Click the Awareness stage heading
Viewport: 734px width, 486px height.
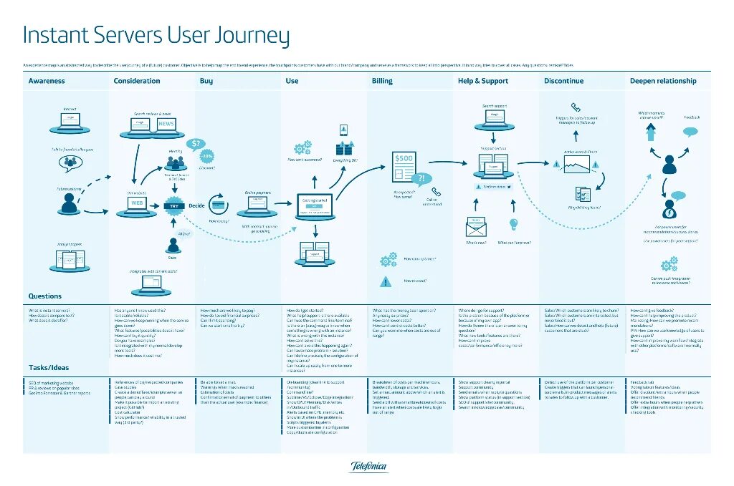(x=47, y=81)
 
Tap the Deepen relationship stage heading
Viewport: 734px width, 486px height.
(x=662, y=81)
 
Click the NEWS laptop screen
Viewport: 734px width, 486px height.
(x=166, y=125)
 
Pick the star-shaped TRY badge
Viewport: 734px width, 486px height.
(x=173, y=205)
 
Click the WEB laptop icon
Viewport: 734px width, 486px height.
(x=136, y=203)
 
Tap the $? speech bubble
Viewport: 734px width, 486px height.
(x=195, y=143)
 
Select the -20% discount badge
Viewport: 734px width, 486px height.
(x=206, y=156)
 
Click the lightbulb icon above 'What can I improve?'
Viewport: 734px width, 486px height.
(x=513, y=225)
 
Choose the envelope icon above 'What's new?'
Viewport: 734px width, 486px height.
(x=475, y=228)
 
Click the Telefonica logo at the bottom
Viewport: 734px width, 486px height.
(x=368, y=467)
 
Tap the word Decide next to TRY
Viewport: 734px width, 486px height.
(x=196, y=205)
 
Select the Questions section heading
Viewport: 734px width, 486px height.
(x=45, y=296)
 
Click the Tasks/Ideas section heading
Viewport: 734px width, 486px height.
(x=49, y=367)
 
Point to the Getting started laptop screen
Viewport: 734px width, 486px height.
(x=315, y=205)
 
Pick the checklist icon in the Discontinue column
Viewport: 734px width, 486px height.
(x=581, y=193)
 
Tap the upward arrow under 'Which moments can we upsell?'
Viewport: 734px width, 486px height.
(x=651, y=132)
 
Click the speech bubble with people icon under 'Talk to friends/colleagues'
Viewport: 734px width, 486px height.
(x=71, y=163)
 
